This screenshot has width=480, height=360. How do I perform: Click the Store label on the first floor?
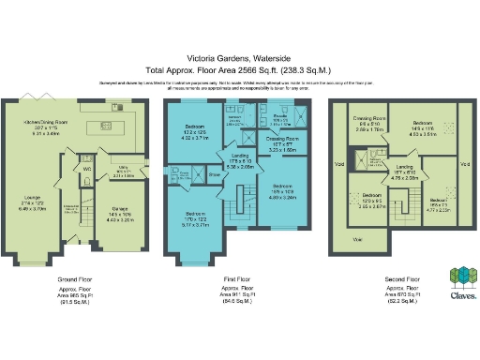213,173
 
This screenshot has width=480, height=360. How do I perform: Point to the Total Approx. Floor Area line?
240,69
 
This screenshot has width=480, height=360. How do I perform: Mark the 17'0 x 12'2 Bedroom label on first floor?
198,219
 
